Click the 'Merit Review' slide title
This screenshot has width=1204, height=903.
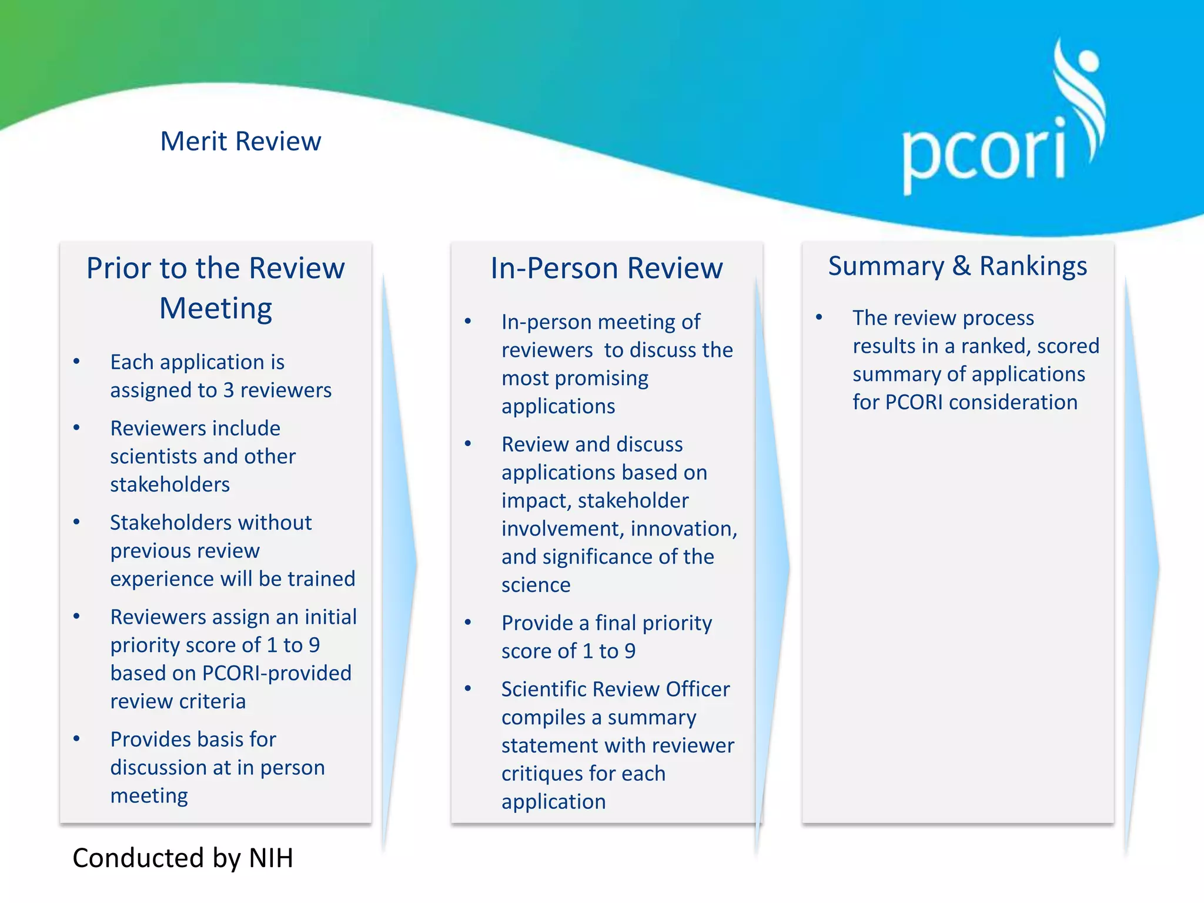[x=240, y=142]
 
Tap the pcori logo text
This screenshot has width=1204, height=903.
[x=984, y=154]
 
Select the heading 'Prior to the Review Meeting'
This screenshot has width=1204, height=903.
[x=216, y=288]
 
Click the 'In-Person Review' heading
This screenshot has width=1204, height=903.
[x=606, y=269]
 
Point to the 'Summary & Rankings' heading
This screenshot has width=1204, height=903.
[x=957, y=266]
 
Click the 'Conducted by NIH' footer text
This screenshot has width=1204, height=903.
[x=183, y=858]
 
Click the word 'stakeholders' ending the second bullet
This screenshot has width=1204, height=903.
[x=170, y=484]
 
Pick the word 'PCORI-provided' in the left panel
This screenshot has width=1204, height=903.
[x=276, y=673]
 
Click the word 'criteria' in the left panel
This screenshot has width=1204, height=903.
[x=212, y=701]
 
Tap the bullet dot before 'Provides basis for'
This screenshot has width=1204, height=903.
[x=76, y=739]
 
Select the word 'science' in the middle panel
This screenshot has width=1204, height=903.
[x=536, y=585]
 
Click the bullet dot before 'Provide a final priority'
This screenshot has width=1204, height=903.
[x=468, y=623]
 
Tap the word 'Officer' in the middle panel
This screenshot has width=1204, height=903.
[x=698, y=689]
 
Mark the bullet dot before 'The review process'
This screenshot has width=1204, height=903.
[x=819, y=317]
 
